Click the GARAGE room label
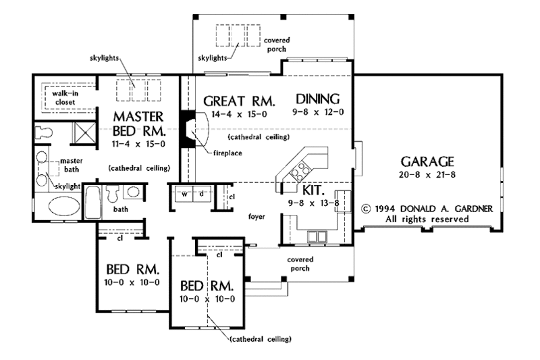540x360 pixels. [427, 162]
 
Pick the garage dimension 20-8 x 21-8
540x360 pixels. [427, 176]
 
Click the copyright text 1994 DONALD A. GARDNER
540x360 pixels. [429, 209]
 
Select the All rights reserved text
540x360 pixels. [427, 220]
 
